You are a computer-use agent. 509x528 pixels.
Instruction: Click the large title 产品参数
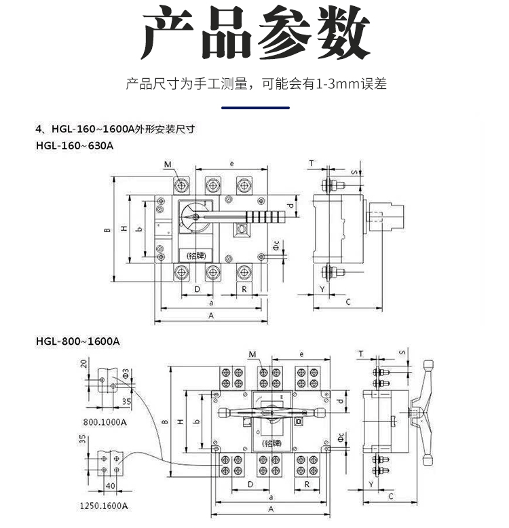pos(254,34)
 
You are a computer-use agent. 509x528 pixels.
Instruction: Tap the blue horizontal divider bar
pos(255,107)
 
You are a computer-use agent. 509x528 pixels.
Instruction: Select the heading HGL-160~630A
pos(74,145)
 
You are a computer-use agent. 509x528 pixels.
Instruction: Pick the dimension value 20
pos(84,364)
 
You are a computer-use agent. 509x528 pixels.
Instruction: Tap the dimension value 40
pos(111,485)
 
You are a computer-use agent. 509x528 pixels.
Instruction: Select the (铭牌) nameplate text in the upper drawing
pos(195,255)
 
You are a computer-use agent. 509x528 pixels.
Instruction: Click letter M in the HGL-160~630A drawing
pos(167,165)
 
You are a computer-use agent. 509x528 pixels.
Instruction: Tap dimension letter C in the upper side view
pos(347,301)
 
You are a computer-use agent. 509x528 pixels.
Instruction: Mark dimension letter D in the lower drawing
pos(250,485)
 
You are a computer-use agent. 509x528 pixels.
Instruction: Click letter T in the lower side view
pos(361,354)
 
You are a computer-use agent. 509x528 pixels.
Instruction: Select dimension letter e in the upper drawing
pos(232,164)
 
